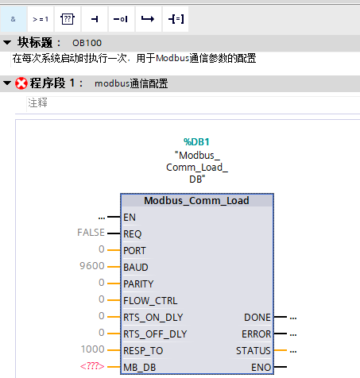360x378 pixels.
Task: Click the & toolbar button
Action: pos(14,17)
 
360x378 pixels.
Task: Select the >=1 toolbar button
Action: pos(40,17)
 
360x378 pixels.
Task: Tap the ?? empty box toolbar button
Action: pos(68,17)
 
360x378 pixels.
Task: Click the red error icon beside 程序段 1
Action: pos(21,83)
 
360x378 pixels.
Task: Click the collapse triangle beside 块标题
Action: pos(7,42)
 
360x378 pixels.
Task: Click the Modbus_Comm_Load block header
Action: pos(196,200)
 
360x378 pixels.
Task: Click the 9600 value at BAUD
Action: pos(93,267)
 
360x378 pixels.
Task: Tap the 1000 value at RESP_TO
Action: pos(93,349)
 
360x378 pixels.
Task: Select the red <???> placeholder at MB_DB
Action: pos(92,366)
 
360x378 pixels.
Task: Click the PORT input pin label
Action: pos(135,250)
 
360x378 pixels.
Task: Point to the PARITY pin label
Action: pos(139,283)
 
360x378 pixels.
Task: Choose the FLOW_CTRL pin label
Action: pos(149,300)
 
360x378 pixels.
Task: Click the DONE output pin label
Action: pos(257,317)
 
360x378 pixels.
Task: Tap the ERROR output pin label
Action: pos(256,334)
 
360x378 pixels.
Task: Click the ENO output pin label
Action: pos(261,367)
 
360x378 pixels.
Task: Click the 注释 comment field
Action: pos(38,102)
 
